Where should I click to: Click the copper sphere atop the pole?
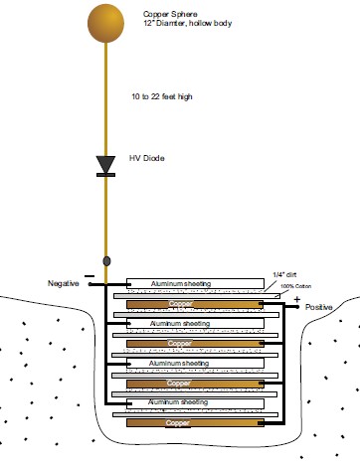(105, 23)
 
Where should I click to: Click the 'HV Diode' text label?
(147, 158)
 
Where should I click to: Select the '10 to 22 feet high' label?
(162, 96)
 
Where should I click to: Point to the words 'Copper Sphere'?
(170, 14)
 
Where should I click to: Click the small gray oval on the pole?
(106, 261)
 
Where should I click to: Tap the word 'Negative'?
(64, 283)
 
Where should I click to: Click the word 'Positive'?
(319, 307)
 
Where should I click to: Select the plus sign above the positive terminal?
(297, 300)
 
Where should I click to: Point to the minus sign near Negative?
(90, 276)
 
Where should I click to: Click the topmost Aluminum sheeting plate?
(195, 283)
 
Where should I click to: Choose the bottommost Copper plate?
(195, 422)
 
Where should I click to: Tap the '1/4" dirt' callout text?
(284, 274)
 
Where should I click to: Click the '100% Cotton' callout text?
(295, 286)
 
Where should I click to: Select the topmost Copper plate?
(195, 304)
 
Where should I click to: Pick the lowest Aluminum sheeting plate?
(195, 403)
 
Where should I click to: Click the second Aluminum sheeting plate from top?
(195, 323)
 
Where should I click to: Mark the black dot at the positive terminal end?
(297, 307)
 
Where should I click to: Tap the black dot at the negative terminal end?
(90, 284)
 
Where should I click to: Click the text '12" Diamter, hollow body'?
(187, 23)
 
